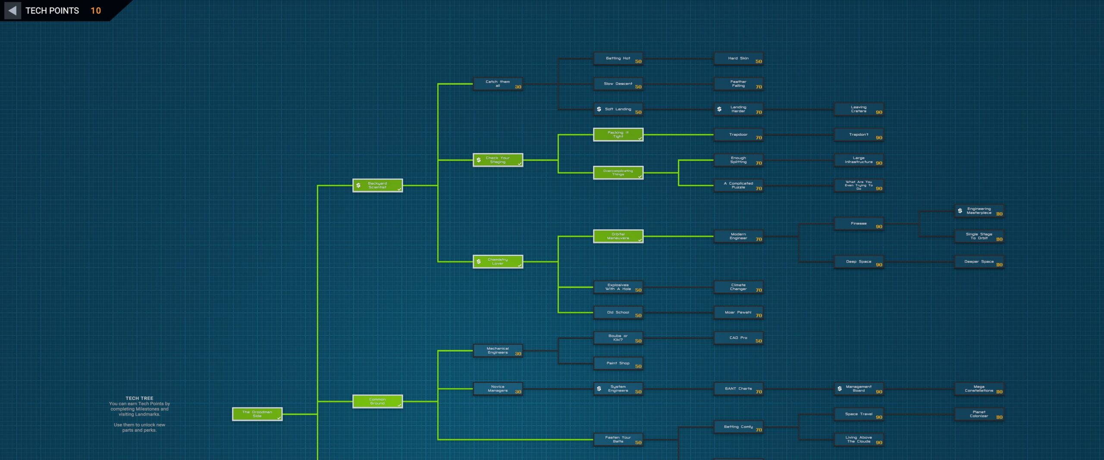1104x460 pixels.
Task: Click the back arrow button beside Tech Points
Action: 13,10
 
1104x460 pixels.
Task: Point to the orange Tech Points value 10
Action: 96,10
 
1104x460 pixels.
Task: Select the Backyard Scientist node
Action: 377,185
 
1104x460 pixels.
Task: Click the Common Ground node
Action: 377,401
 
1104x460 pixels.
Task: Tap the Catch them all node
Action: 498,84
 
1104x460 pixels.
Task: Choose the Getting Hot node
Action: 618,58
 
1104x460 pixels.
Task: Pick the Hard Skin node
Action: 738,58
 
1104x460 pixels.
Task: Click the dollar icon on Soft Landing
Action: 599,109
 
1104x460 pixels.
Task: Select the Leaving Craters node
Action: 859,109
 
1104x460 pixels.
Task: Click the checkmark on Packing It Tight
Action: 640,138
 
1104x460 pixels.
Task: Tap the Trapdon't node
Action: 859,135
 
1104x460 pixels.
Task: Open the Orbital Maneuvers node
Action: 618,236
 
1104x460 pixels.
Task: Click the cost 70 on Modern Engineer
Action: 759,239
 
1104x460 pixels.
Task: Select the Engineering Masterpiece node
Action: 979,211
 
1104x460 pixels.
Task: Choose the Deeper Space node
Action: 979,262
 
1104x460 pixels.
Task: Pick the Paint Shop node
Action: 618,363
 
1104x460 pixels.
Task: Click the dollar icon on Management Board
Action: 840,388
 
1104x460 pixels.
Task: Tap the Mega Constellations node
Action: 979,389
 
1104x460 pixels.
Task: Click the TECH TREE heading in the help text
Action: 139,398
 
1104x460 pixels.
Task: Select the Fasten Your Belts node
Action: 618,439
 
